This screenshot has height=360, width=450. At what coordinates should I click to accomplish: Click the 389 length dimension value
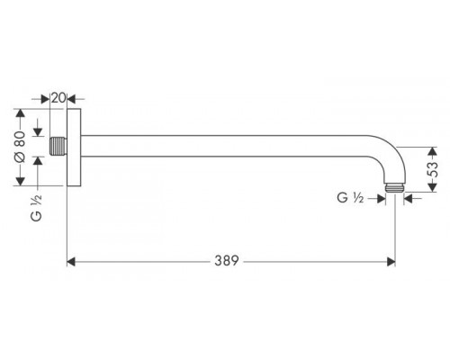(x=227, y=261)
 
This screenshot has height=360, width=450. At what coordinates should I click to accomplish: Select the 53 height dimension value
(x=432, y=169)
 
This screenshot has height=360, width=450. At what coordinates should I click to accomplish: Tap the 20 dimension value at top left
(x=58, y=98)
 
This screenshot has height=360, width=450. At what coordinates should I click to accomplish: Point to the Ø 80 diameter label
(x=21, y=147)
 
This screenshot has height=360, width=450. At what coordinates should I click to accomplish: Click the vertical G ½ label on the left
(x=36, y=208)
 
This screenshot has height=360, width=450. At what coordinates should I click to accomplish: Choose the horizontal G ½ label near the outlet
(x=350, y=198)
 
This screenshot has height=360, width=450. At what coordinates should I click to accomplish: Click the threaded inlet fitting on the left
(x=58, y=146)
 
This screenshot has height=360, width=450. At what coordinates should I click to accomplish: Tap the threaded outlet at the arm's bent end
(x=395, y=188)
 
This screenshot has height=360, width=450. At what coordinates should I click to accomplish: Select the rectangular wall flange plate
(x=74, y=148)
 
